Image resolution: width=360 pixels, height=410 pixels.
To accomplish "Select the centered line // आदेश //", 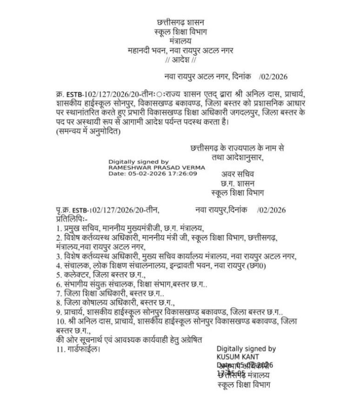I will point(180,60).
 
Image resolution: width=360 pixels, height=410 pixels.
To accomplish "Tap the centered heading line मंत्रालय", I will point(180,41).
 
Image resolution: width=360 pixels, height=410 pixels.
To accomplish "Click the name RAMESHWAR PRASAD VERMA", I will point(147,167).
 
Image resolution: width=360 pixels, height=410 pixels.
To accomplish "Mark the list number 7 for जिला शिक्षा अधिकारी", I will point(58,293).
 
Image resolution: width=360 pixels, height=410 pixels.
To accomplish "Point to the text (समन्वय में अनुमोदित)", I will point(87,131).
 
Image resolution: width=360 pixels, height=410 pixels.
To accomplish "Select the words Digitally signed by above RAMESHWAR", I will point(138,161).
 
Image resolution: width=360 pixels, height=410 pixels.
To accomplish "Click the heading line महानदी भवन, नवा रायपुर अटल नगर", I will point(180,51).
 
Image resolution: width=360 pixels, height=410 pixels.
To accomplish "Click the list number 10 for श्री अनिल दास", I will point(60,321).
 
